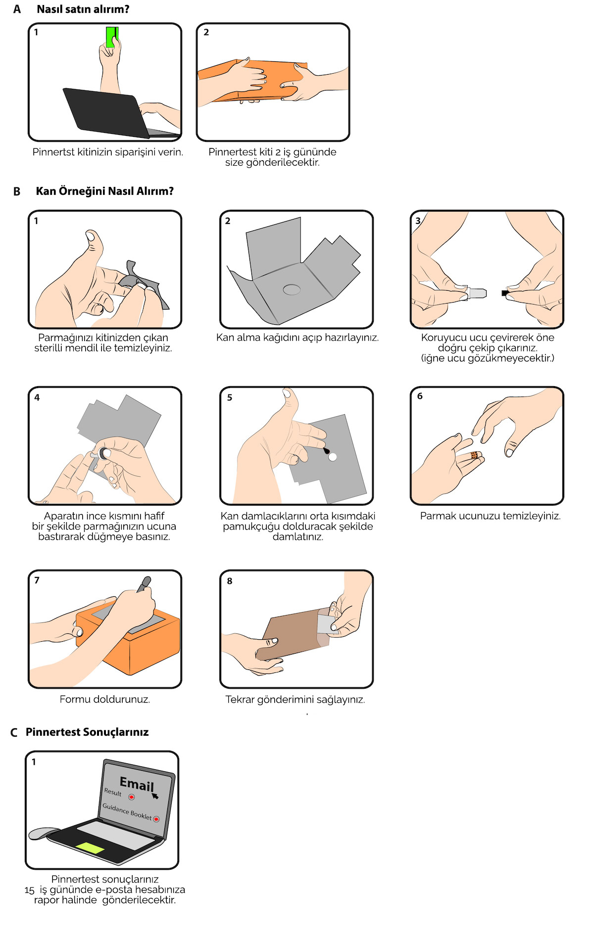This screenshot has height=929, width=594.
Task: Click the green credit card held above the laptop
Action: [x=112, y=37]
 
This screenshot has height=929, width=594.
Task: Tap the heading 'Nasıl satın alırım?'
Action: [x=83, y=9]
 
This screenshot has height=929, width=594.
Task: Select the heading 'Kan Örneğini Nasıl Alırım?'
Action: [x=105, y=191]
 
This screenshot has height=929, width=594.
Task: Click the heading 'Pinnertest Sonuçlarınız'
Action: [x=87, y=732]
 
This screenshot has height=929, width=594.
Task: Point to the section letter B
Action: [x=17, y=191]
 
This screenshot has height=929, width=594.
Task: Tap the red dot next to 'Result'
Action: [x=132, y=797]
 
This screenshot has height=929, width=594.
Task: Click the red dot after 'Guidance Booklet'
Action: [x=156, y=819]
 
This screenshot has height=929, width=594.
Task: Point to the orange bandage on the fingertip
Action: [x=474, y=455]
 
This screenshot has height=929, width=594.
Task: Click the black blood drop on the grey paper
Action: [x=326, y=450]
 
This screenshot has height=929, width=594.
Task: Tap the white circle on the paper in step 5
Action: [x=333, y=457]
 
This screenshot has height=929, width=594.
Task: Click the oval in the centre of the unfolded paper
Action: [x=292, y=289]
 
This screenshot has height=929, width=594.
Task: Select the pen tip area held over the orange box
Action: [x=144, y=584]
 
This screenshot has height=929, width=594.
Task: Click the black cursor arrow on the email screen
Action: [x=155, y=796]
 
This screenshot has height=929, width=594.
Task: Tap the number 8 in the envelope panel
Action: [x=230, y=581]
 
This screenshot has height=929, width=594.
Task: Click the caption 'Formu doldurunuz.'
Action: [x=105, y=699]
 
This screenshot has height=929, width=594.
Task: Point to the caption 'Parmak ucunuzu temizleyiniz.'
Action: [x=491, y=516]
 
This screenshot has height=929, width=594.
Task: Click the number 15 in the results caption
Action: [x=30, y=890]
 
